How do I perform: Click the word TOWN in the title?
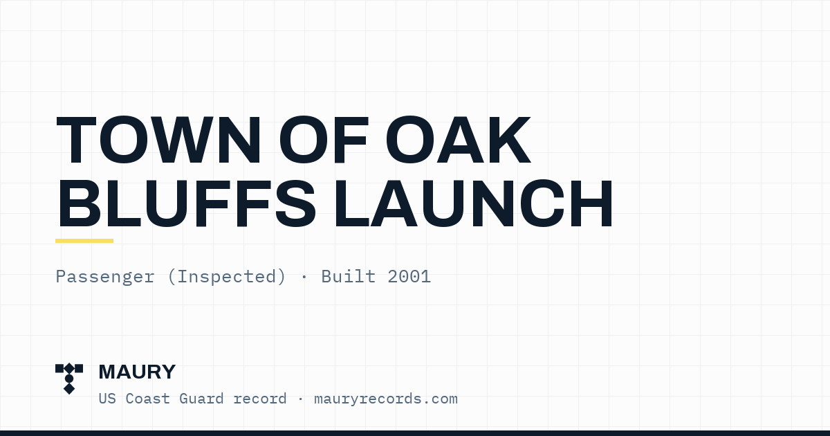(x=158, y=140)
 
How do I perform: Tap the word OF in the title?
(x=324, y=140)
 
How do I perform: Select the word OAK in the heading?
(x=459, y=140)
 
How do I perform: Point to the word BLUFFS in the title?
(x=186, y=203)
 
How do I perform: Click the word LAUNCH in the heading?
(x=473, y=203)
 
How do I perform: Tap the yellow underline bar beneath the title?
(x=84, y=241)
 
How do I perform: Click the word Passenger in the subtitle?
(x=105, y=277)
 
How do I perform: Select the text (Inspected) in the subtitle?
(x=227, y=277)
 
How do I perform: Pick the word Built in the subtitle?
(x=349, y=276)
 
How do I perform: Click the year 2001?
(x=409, y=277)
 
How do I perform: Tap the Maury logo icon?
(x=69, y=379)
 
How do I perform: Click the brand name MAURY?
(x=137, y=372)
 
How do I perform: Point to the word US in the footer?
(x=107, y=399)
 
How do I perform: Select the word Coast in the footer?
(x=148, y=399)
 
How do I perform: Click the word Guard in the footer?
(x=201, y=399)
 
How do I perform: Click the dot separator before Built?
(x=304, y=277)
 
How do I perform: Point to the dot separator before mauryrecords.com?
(x=300, y=399)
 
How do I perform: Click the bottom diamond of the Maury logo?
(x=69, y=389)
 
